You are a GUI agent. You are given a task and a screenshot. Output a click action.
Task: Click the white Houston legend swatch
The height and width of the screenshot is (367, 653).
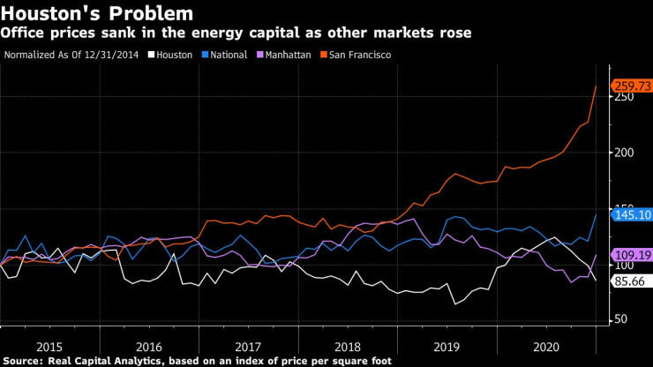point(151,55)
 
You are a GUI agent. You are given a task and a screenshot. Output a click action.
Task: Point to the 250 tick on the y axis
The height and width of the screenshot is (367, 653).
point(626,97)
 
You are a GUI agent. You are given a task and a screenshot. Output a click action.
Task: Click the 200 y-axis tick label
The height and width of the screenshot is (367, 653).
point(626,153)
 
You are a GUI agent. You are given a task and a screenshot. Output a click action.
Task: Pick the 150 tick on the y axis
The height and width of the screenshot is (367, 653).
point(626,208)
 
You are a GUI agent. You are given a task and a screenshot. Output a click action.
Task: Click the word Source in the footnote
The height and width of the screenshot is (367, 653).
point(23,361)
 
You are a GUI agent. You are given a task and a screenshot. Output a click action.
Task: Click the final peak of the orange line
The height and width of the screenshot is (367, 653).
point(596,86)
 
